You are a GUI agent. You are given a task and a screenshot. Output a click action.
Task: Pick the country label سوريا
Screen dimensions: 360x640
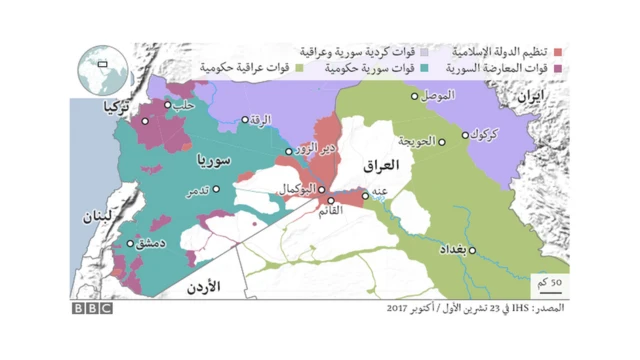tap(215, 160)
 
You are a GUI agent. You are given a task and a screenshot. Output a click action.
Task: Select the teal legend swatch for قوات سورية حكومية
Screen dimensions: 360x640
tap(425, 67)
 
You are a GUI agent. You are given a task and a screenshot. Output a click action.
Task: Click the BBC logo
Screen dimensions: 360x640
tap(91, 308)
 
